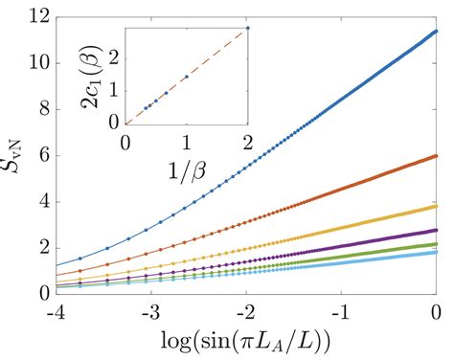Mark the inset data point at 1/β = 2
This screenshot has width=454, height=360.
(248, 28)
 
